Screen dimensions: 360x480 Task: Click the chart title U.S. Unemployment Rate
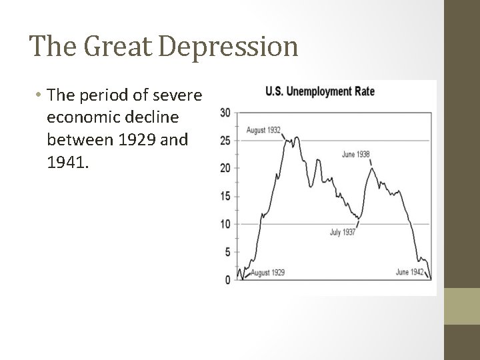pos(320,91)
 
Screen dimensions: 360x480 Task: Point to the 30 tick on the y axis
pos(225,112)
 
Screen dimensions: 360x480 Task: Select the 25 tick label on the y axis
pos(225,140)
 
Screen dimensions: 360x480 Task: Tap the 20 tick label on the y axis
pos(225,168)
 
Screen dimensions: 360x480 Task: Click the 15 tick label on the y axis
pos(225,196)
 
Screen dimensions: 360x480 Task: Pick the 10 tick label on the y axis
pos(225,224)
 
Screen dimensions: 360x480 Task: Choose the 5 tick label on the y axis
pos(227,252)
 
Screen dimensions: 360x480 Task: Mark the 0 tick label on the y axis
pos(227,280)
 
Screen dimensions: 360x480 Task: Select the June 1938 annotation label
pos(355,154)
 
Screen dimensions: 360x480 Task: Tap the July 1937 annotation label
pos(342,233)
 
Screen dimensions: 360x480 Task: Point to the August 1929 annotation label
pos(268,273)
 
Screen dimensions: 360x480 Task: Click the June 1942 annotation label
pos(409,273)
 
